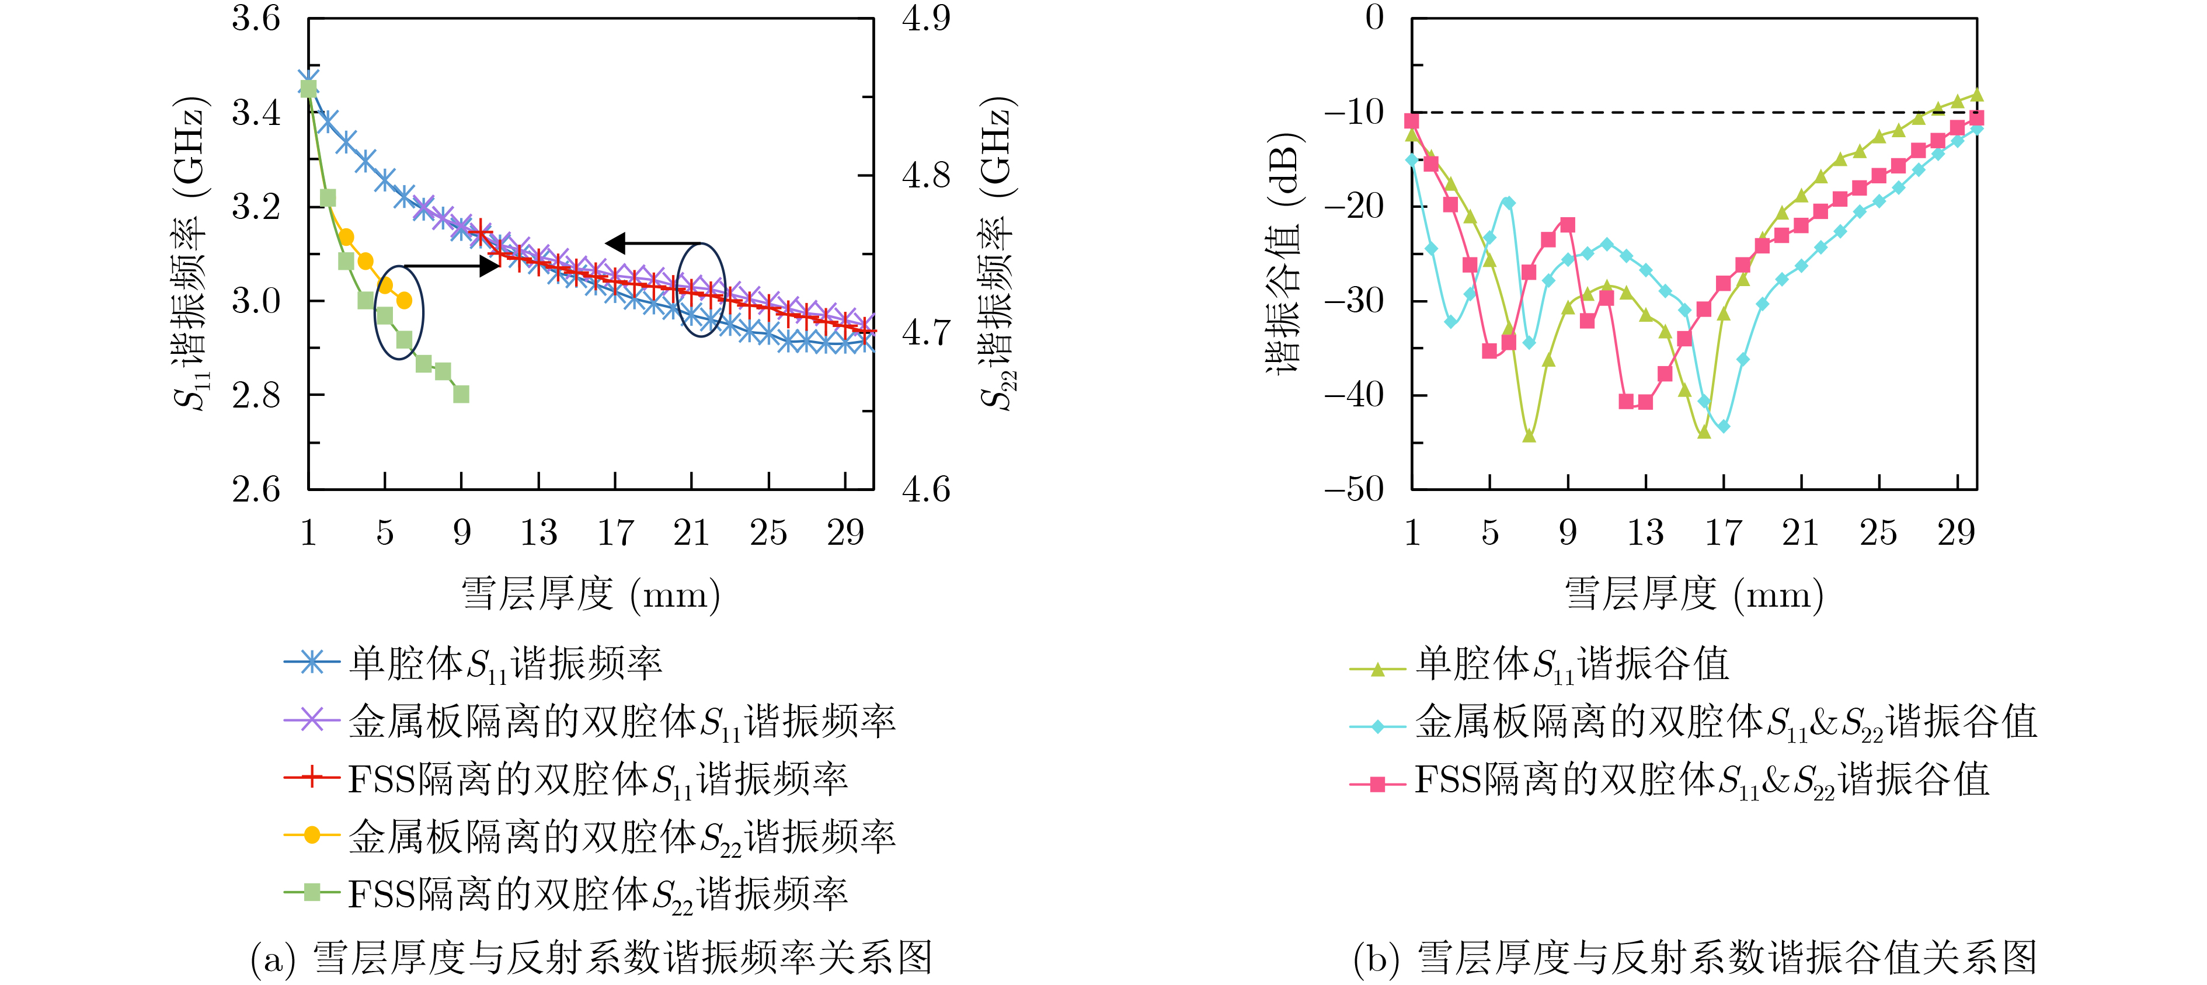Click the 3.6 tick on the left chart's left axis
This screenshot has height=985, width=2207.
click(x=255, y=19)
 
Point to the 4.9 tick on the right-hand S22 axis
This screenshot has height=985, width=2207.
click(x=926, y=19)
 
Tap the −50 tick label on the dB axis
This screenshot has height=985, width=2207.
click(x=1353, y=490)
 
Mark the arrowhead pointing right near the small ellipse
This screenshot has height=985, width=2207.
click(x=490, y=266)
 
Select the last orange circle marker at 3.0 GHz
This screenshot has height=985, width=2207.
click(x=405, y=301)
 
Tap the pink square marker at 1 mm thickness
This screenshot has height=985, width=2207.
click(x=1411, y=121)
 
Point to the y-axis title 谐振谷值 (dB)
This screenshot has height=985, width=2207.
click(x=1283, y=253)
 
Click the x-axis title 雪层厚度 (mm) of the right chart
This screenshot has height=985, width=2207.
click(x=1694, y=594)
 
